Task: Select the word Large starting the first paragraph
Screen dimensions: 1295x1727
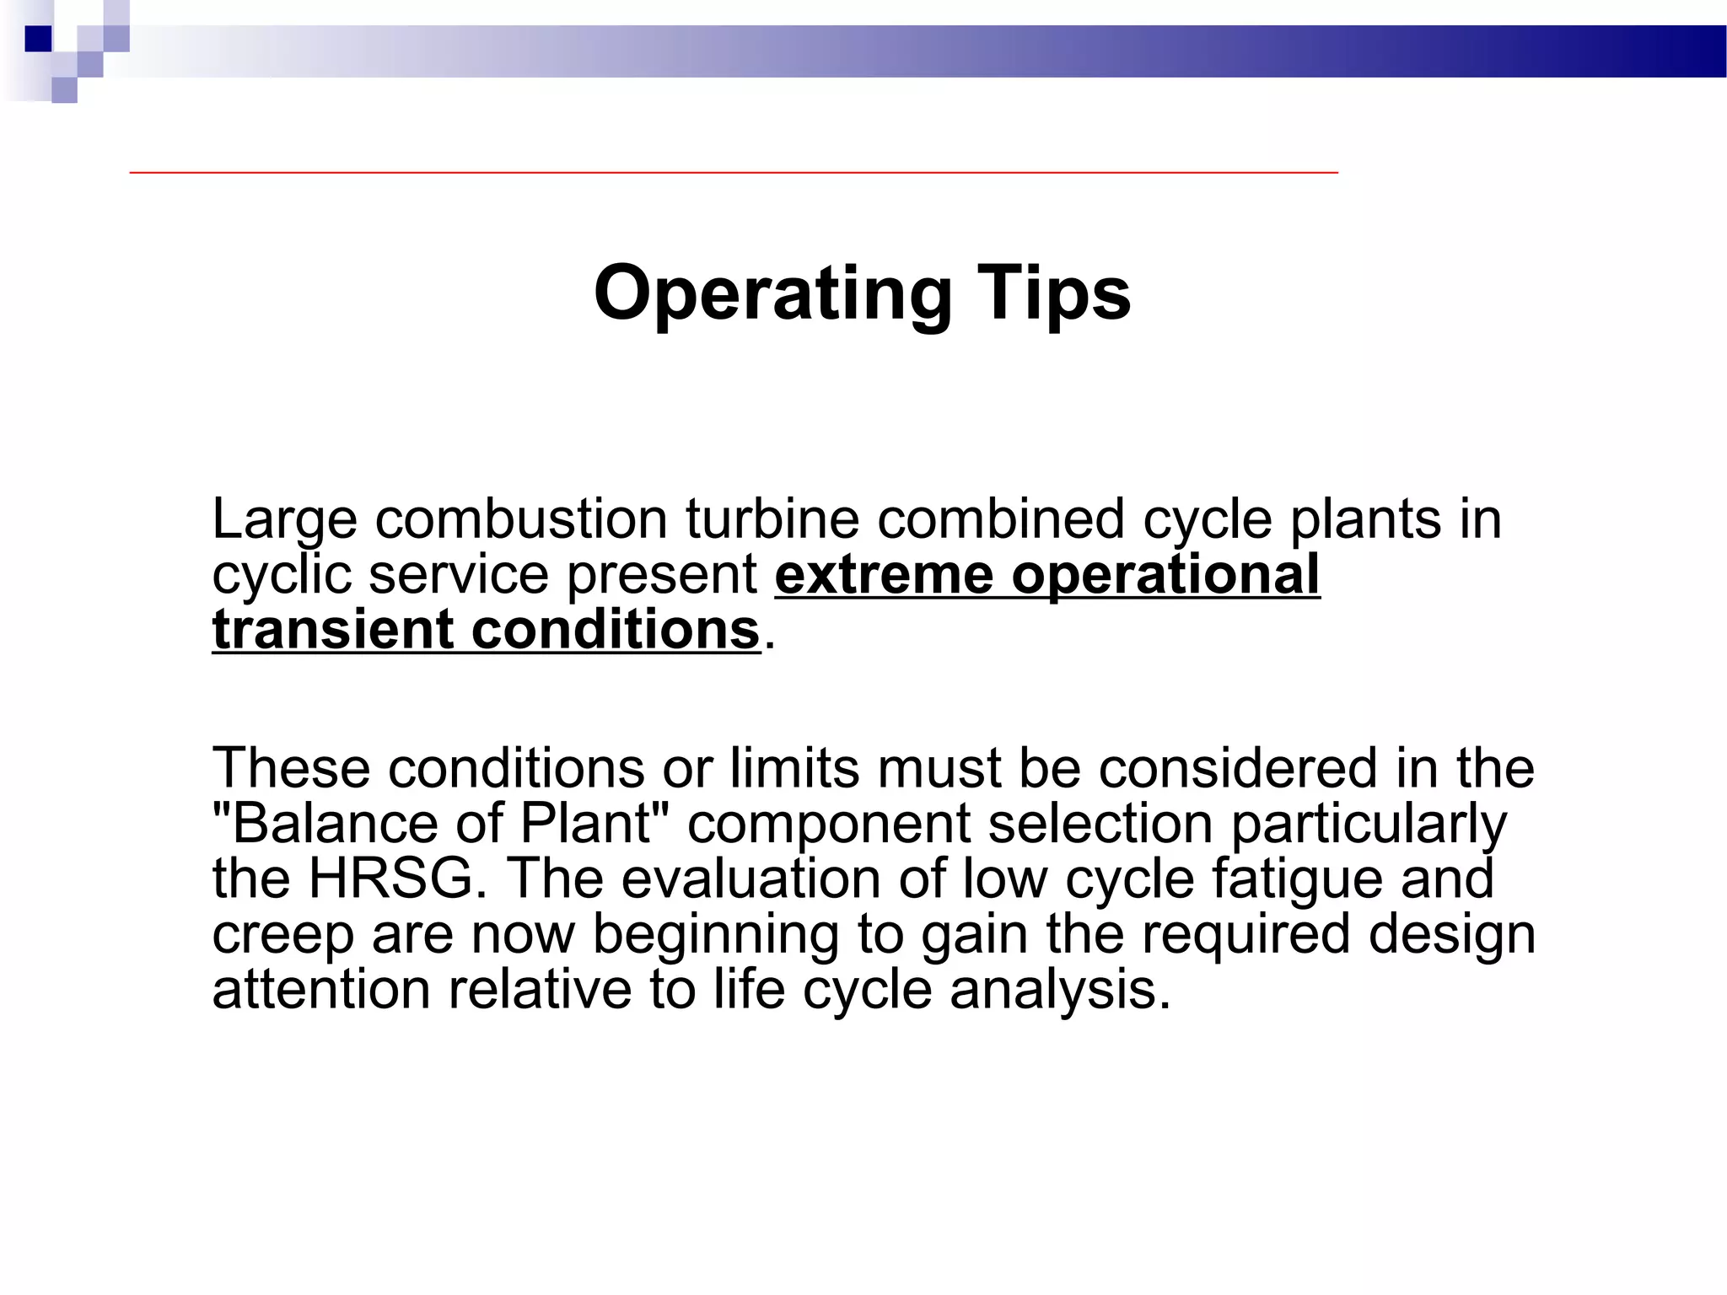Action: [284, 519]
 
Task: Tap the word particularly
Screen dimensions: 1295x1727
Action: [1369, 823]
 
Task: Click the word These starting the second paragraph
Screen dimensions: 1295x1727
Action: [291, 767]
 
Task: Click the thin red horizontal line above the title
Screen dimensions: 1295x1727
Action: [734, 172]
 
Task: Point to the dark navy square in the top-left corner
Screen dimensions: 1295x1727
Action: [39, 39]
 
